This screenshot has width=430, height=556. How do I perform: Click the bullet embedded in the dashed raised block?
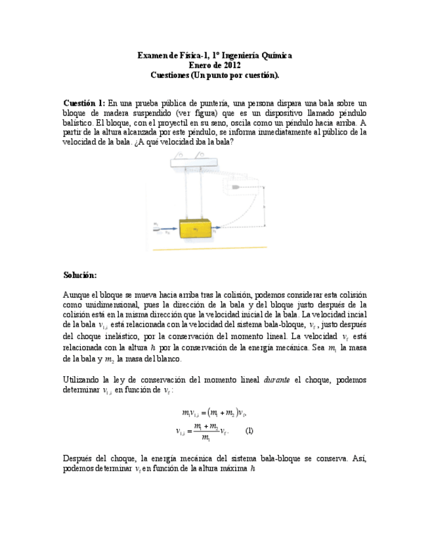click(x=234, y=188)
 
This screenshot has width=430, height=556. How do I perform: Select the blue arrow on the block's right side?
click(x=215, y=229)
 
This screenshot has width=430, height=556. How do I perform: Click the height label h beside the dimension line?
click(x=264, y=206)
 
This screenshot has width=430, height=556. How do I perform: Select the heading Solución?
click(x=80, y=274)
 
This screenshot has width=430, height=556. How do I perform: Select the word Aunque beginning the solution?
click(x=77, y=294)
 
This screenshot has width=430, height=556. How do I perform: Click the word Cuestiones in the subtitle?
click(x=169, y=75)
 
